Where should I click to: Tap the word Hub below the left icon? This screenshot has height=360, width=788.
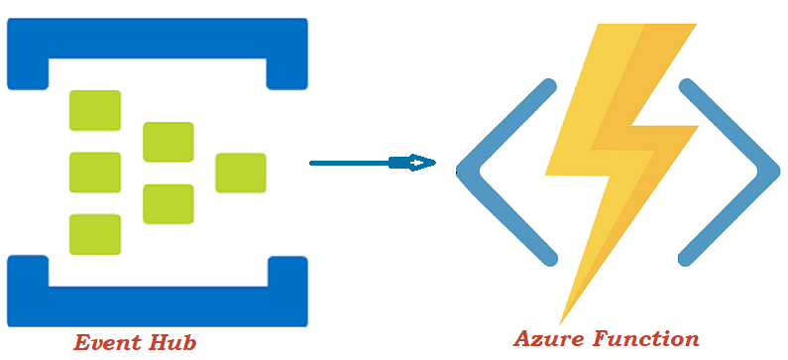[x=171, y=343]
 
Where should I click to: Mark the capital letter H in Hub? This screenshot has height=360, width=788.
[x=156, y=343]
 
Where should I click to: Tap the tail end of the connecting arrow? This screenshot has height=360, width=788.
[x=313, y=163]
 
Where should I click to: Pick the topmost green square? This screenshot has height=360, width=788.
[x=95, y=110]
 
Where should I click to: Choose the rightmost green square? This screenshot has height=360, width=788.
[x=240, y=173]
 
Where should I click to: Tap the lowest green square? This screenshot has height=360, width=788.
[x=95, y=234]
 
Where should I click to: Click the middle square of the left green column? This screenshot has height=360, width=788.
[x=95, y=172]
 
